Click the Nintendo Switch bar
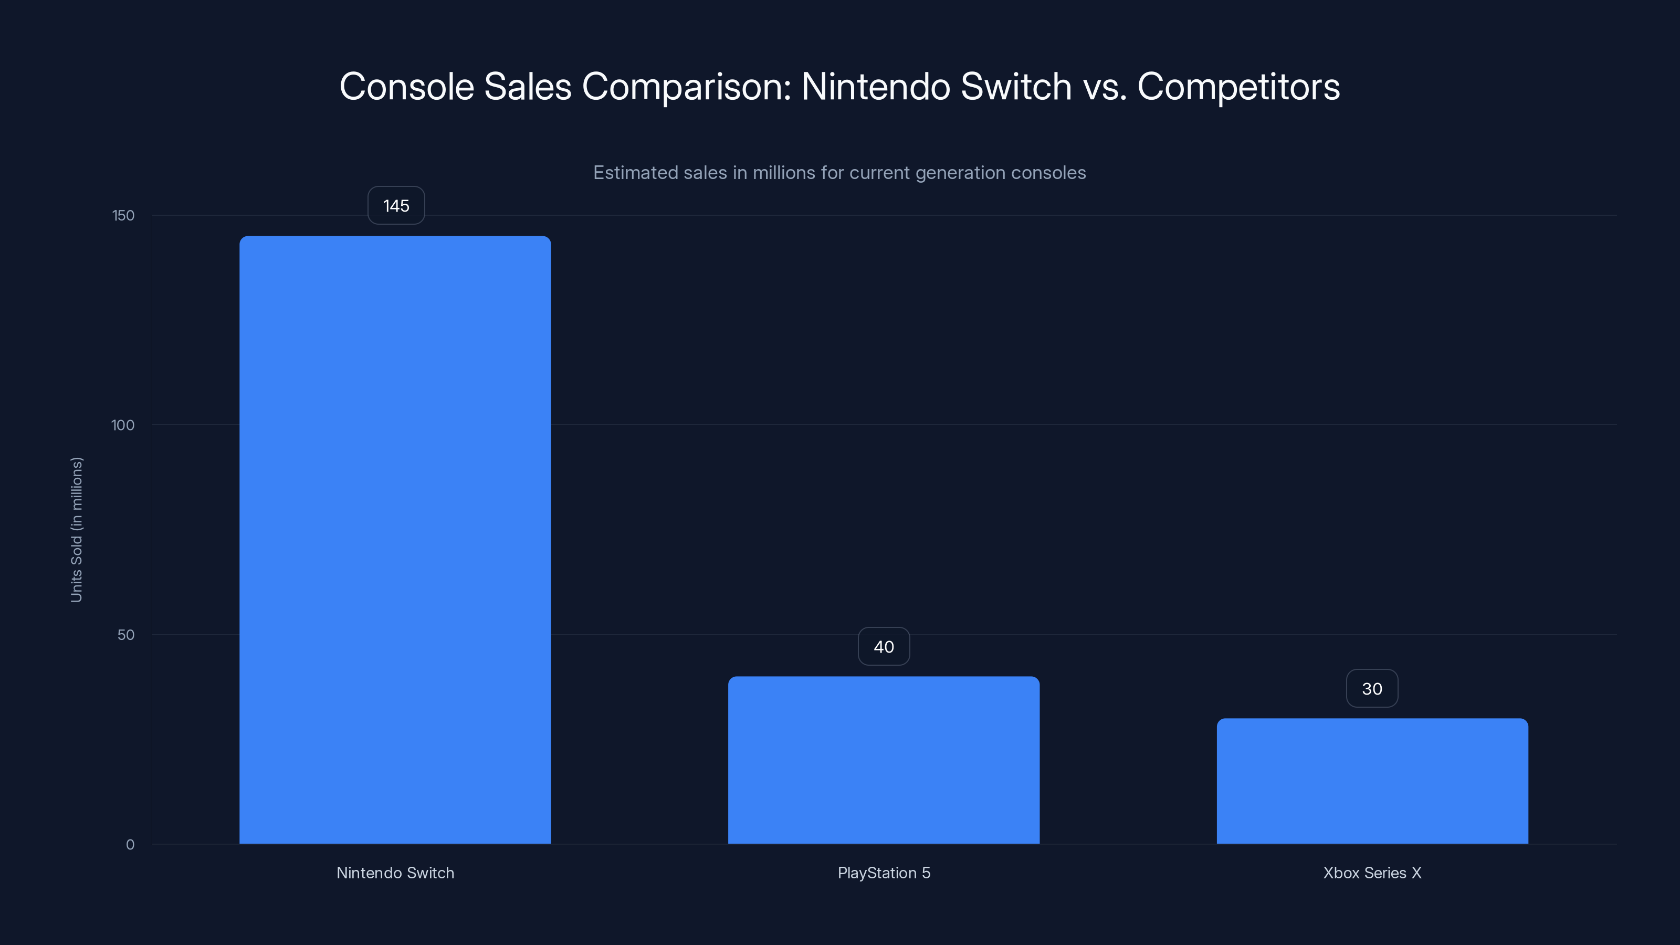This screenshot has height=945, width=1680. coord(395,540)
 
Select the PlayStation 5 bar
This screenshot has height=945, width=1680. coord(883,760)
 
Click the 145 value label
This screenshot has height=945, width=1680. coord(396,206)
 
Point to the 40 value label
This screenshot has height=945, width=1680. coord(883,647)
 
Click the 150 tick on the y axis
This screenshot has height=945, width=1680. coord(123,216)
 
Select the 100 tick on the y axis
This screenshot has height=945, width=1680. coord(123,425)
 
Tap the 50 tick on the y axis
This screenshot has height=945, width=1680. coord(126,635)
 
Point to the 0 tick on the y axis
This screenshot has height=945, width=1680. coord(130,845)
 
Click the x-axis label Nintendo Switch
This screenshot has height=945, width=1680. coord(395,873)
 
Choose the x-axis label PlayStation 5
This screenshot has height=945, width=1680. coord(884,873)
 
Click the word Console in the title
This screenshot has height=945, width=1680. coord(406,87)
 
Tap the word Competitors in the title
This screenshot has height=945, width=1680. coord(1238,87)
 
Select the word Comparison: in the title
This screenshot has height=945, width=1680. coord(686,87)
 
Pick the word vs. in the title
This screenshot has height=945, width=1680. coord(1104,87)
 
